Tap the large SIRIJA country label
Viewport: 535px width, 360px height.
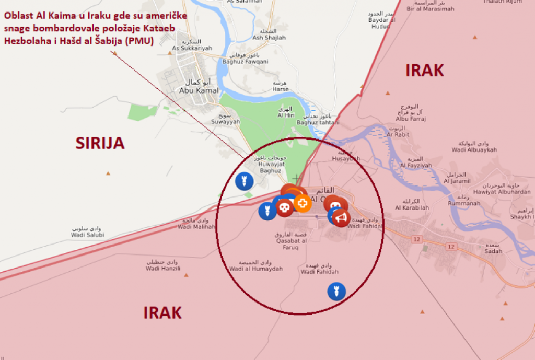[x=100, y=143]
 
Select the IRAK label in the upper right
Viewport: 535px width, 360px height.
[x=424, y=71]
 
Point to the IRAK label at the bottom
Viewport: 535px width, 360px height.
[x=162, y=312]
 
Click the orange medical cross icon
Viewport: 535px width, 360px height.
[x=303, y=203]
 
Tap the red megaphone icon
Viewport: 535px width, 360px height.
[x=341, y=217]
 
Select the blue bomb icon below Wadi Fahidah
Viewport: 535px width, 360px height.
[x=336, y=291]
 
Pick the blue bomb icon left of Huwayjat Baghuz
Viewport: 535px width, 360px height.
[x=244, y=181]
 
